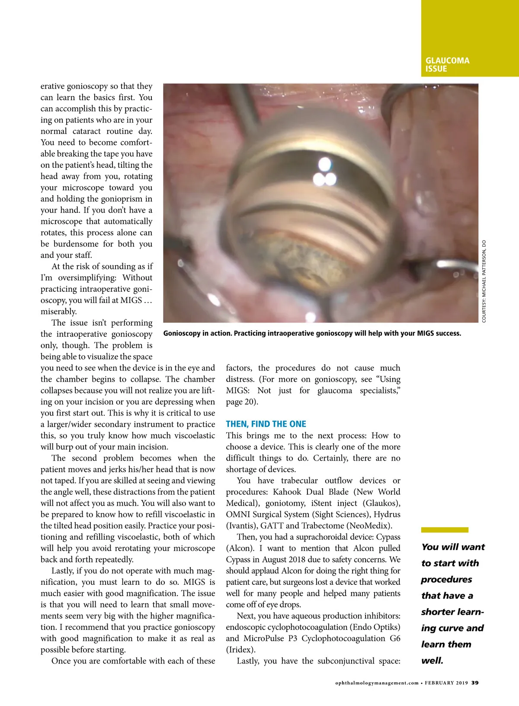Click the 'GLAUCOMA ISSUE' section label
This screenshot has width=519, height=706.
tap(447, 64)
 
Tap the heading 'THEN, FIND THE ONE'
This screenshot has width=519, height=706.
tap(266, 424)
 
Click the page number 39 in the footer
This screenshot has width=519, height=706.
tap(475, 683)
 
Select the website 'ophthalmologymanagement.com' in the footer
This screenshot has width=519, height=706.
tap(377, 683)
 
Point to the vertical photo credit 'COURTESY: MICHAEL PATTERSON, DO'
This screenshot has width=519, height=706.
tap(484, 281)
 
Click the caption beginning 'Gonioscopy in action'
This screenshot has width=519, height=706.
tap(312, 333)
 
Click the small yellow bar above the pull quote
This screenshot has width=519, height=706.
tap(445, 530)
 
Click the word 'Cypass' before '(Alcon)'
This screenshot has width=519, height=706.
tap(388, 537)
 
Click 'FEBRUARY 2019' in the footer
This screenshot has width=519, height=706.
tap(446, 683)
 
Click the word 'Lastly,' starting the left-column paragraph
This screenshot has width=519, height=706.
tap(64, 571)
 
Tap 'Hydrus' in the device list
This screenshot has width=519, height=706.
tap(387, 515)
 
